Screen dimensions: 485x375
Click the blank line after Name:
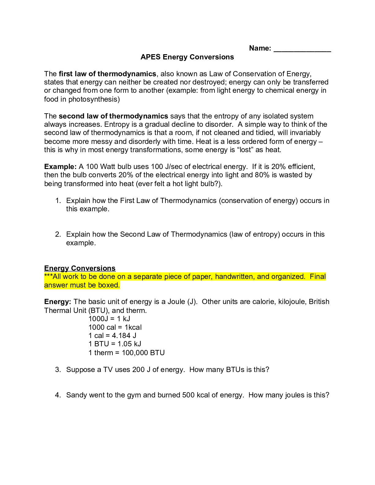(302, 49)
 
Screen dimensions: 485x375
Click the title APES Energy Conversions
(187, 57)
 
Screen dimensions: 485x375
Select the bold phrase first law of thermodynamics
(107, 74)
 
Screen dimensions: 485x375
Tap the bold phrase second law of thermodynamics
(113, 116)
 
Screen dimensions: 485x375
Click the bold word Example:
(60, 167)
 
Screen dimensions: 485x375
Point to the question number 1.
(58, 201)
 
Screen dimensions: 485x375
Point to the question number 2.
(58, 234)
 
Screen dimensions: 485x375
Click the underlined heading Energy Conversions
(80, 268)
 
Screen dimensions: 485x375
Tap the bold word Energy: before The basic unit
(58, 302)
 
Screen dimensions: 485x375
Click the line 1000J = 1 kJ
(109, 319)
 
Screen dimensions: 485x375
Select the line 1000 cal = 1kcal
(115, 327)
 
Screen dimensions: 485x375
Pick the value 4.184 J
(124, 336)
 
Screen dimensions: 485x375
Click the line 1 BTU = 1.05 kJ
(115, 344)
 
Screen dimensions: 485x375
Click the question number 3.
(58, 370)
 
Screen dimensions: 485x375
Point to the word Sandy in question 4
(76, 395)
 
